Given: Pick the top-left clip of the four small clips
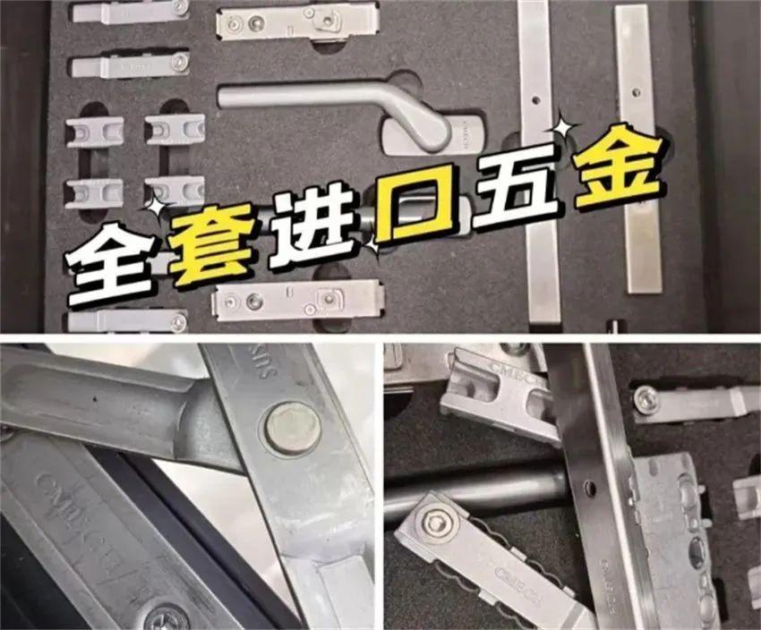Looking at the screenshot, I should pyautogui.click(x=94, y=131).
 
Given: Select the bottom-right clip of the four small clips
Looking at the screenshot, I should pyautogui.click(x=175, y=192).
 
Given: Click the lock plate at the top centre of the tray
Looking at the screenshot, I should pyautogui.click(x=295, y=21).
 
